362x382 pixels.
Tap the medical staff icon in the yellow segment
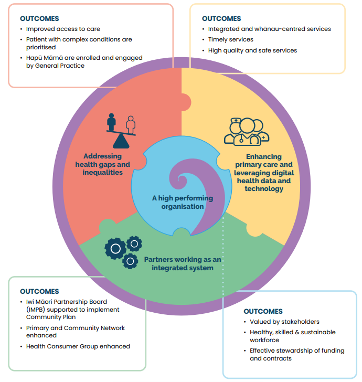point(247,132)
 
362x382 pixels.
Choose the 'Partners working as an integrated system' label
point(183,263)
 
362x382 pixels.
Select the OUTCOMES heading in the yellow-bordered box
point(221,18)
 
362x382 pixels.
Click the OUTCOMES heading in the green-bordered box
point(39,291)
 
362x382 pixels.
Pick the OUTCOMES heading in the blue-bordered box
point(263,311)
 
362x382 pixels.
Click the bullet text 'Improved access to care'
point(63,29)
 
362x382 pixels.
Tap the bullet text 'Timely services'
point(231,39)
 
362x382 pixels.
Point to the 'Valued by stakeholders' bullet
point(284,322)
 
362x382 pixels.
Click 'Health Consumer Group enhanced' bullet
point(78,346)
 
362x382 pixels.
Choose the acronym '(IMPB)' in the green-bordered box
point(37,310)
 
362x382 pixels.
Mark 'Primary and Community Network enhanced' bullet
point(76,332)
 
